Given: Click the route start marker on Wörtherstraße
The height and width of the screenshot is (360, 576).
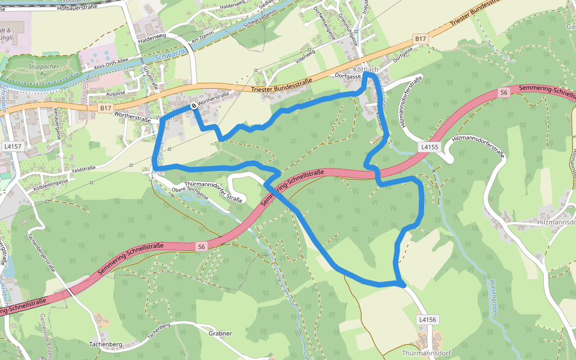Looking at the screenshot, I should point(194,106).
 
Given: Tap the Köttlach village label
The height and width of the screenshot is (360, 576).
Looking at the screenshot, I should point(366,70).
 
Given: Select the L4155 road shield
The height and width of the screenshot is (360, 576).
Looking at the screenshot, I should point(430,146).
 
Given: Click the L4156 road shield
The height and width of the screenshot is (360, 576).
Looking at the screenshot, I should point(427,320).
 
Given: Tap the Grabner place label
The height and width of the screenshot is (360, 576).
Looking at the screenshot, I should point(220,334).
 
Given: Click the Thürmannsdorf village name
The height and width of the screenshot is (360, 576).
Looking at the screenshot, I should point(426,353).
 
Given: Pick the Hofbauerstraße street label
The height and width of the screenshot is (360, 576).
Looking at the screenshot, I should point(84,8).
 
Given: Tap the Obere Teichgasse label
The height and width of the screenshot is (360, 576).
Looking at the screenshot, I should point(190,191).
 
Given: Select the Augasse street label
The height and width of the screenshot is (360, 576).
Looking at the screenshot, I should point(115,94).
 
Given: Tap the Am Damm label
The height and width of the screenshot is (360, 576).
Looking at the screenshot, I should point(202,40).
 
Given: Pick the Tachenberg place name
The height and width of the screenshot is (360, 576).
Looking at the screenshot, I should point(106,344).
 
